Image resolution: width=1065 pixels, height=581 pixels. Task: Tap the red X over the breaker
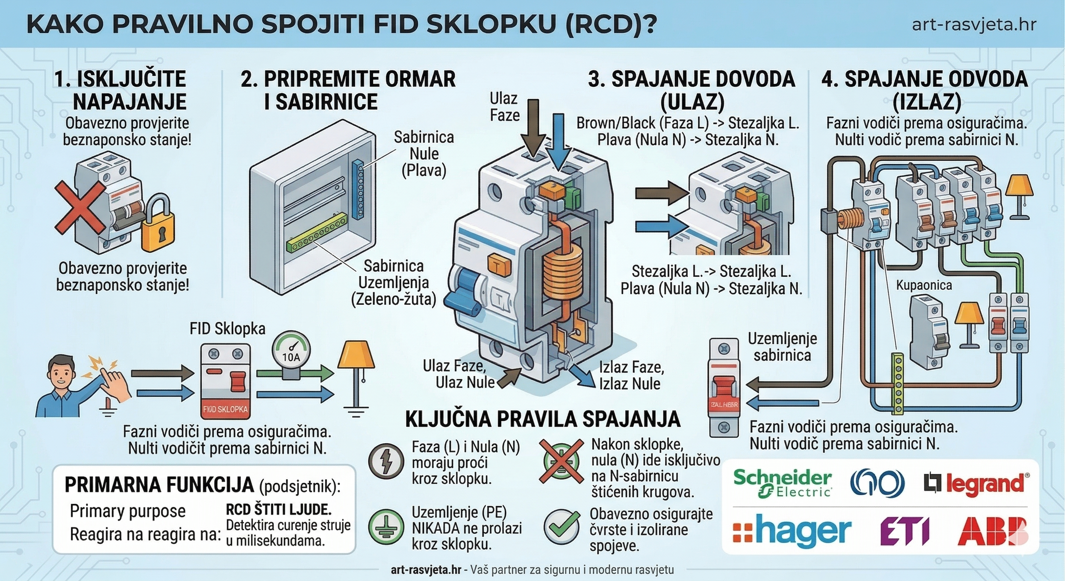coord(80,206)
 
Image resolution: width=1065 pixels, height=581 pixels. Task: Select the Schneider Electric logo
coord(782,482)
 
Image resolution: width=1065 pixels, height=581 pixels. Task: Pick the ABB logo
coord(993,531)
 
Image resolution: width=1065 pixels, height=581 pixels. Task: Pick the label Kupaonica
coord(923,285)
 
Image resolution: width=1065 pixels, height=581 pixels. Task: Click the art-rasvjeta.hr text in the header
coord(974,25)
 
